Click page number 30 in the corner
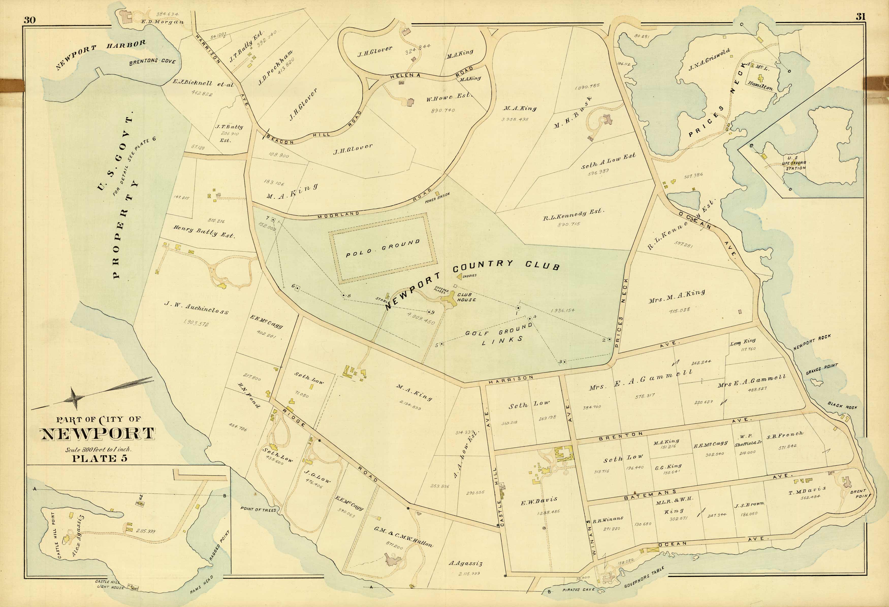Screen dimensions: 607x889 29,20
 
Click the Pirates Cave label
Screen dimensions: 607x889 578,590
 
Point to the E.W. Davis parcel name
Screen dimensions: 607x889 538,501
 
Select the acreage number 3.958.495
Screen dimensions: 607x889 515,119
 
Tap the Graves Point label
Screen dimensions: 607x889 822,369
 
